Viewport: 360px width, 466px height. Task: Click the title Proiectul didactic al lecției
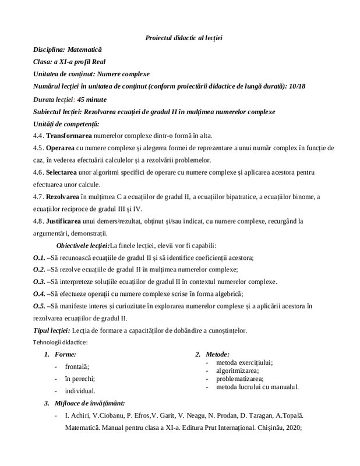183,38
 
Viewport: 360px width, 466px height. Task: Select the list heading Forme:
65,354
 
